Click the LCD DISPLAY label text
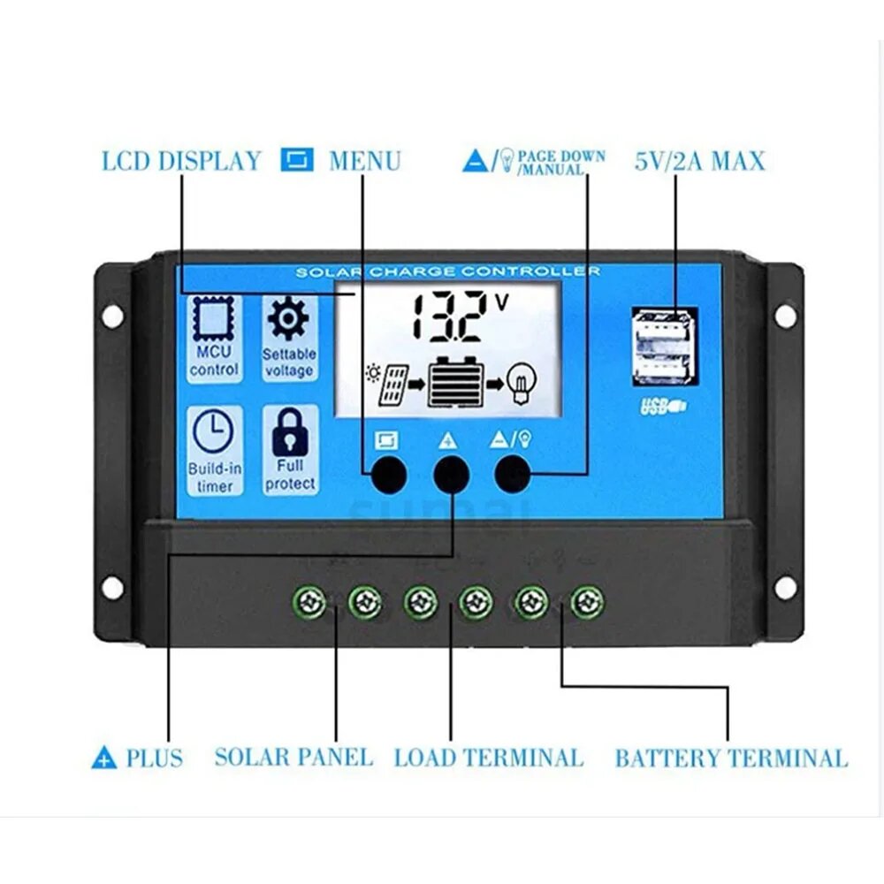click(x=181, y=161)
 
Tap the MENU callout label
click(x=364, y=161)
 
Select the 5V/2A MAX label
click(x=699, y=161)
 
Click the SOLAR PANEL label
click(x=293, y=758)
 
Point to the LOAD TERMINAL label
click(x=488, y=758)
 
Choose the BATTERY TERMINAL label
click(x=730, y=758)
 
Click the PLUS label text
click(x=154, y=758)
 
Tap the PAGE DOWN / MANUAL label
click(x=560, y=162)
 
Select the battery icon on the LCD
click(x=457, y=382)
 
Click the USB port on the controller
click(x=665, y=347)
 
